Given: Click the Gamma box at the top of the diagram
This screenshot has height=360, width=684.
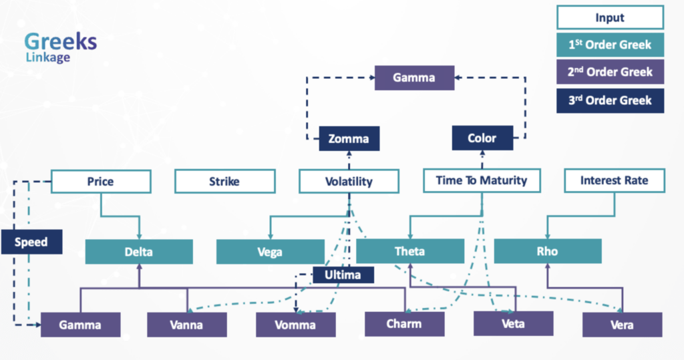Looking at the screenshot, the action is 414,77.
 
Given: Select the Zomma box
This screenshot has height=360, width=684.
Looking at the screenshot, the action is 349,138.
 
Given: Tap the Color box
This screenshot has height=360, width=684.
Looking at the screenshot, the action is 482,138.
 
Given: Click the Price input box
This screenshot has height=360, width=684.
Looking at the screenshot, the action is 101,182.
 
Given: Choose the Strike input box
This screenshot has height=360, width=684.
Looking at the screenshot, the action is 224,182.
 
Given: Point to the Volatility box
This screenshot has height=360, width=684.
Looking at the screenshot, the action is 349,181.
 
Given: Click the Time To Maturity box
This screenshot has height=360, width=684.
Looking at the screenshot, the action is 482,180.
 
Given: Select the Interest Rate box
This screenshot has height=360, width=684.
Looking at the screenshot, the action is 615,180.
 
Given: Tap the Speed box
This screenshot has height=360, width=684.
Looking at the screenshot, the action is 31,242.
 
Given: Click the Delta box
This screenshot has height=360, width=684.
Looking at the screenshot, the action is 139,252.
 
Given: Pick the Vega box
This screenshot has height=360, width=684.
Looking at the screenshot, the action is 270,252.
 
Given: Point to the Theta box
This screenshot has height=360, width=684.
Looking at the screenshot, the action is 410,251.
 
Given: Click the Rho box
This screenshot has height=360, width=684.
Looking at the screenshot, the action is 548,251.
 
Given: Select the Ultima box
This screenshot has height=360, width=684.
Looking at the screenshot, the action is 343,275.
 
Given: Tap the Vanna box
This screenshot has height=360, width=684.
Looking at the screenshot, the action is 187,325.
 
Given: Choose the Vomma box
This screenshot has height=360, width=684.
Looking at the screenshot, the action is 296,325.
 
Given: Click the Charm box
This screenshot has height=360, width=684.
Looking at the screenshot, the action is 404,324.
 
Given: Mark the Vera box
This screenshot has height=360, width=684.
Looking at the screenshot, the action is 622,325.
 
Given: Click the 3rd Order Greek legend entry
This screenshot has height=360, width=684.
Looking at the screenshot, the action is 611,101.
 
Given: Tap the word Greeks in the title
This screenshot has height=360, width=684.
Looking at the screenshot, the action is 61,42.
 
